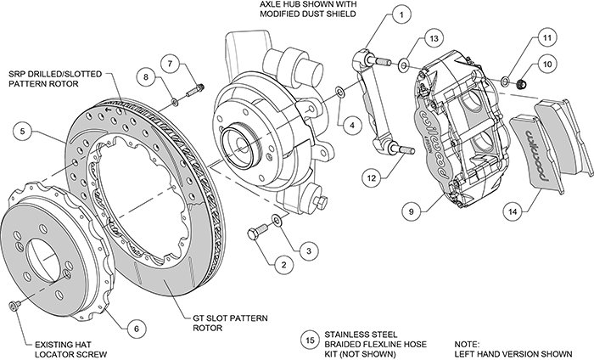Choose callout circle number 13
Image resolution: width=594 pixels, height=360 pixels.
pos(433,39)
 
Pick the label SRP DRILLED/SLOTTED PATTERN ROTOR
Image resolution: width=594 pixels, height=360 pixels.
pos(59,77)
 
